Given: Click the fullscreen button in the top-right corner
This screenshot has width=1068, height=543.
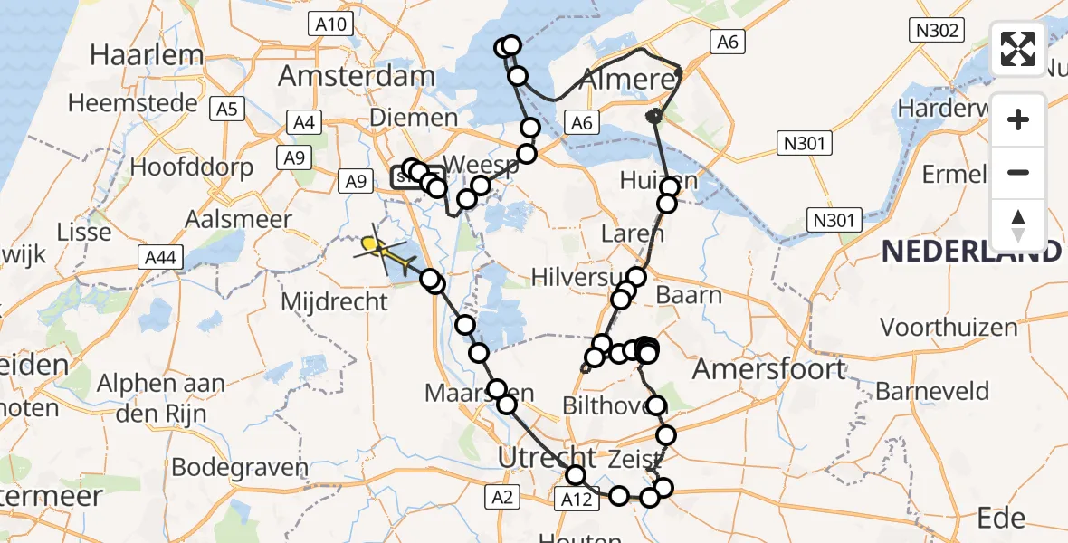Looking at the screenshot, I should (1018, 49).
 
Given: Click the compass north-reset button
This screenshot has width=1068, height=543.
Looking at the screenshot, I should (1018, 225).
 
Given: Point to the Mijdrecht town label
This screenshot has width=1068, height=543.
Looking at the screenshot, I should (334, 301).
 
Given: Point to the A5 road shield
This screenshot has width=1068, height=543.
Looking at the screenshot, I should (226, 110).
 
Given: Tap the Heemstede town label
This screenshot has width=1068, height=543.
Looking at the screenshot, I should (132, 102).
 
